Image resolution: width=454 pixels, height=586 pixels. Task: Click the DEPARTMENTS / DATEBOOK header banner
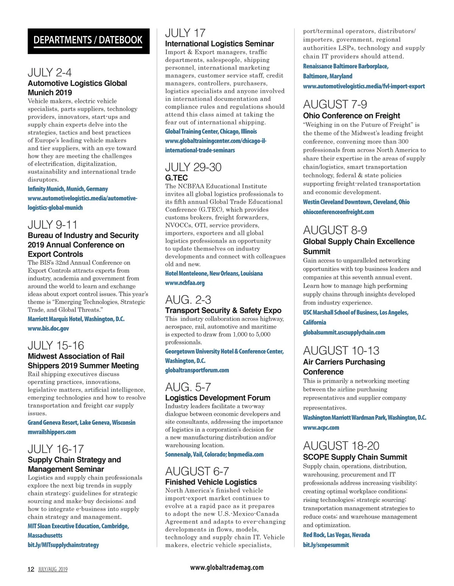click(88, 41)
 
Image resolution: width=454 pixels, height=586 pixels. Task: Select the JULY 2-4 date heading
click(50, 72)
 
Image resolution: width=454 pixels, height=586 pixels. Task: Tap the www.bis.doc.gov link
click(48, 329)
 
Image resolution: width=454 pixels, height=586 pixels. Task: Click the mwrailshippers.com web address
click(52, 432)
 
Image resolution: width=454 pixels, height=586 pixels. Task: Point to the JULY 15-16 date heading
click(56, 345)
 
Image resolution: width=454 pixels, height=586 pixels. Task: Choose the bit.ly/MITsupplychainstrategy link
click(63, 545)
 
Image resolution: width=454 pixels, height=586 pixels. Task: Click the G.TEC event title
click(176, 178)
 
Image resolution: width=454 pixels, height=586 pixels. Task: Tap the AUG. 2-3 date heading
click(188, 300)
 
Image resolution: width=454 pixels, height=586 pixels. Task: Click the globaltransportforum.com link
click(197, 370)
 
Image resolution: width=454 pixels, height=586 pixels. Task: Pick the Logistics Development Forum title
click(218, 398)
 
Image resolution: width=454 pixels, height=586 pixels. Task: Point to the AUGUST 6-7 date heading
click(197, 471)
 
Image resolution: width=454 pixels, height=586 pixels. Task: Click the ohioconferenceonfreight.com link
click(338, 212)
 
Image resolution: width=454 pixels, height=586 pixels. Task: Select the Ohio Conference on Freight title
click(351, 116)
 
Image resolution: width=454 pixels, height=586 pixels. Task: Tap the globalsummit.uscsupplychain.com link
click(344, 332)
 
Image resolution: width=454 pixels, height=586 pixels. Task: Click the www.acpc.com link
click(321, 427)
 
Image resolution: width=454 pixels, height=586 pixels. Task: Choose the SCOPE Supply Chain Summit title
click(355, 457)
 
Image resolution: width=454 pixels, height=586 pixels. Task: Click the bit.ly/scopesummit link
click(326, 545)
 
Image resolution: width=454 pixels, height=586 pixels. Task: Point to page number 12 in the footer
click(31, 569)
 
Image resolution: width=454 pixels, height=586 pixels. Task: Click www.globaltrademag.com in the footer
click(227, 567)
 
